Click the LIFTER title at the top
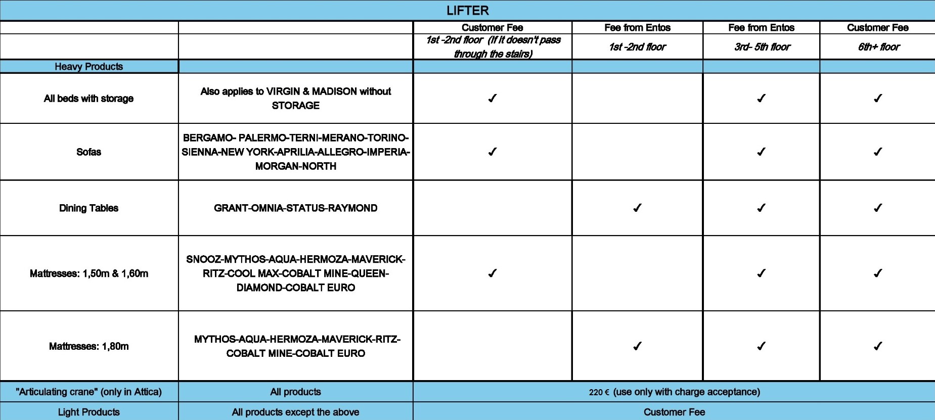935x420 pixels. [x=467, y=11]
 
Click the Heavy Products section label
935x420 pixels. [x=88, y=67]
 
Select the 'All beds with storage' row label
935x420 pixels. [x=88, y=99]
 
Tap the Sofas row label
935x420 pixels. [x=88, y=152]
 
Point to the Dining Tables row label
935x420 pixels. [x=88, y=208]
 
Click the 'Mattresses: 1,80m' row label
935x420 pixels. [x=88, y=346]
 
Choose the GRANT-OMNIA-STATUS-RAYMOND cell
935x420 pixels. [x=295, y=208]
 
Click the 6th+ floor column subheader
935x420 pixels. [x=878, y=47]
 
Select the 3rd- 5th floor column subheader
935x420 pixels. [x=762, y=47]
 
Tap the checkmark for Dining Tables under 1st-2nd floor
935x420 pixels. [x=637, y=208]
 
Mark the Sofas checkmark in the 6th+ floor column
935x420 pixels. [x=878, y=152]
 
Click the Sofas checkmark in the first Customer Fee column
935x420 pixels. [x=492, y=152]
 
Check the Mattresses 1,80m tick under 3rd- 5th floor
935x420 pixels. [x=761, y=346]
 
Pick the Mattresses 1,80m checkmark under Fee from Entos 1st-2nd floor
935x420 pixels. [x=637, y=346]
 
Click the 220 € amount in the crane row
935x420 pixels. [x=599, y=392]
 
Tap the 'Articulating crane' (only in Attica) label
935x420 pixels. [x=88, y=392]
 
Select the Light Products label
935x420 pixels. [x=88, y=412]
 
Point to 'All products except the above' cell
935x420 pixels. [x=295, y=412]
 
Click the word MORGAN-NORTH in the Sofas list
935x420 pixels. [x=295, y=166]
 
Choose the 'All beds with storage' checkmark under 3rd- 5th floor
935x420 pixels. [x=761, y=98]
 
